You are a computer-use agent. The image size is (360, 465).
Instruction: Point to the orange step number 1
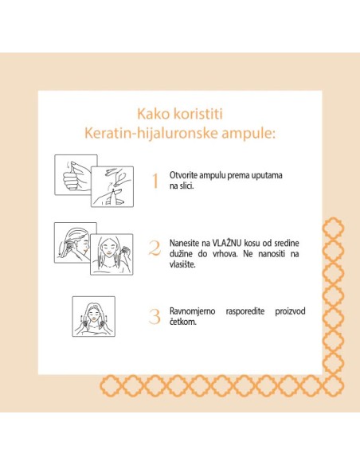[155, 180]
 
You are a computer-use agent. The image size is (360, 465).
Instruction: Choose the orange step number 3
[155, 316]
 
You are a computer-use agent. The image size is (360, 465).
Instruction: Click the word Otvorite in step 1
[186, 174]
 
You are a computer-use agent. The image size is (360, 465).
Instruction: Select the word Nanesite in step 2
[187, 242]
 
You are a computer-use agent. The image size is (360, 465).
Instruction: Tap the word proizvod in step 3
[288, 311]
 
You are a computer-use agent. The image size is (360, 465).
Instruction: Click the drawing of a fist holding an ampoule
[75, 174]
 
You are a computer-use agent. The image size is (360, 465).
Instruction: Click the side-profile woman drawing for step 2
[74, 242]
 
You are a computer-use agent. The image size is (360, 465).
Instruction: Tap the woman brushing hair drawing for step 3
[93, 316]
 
